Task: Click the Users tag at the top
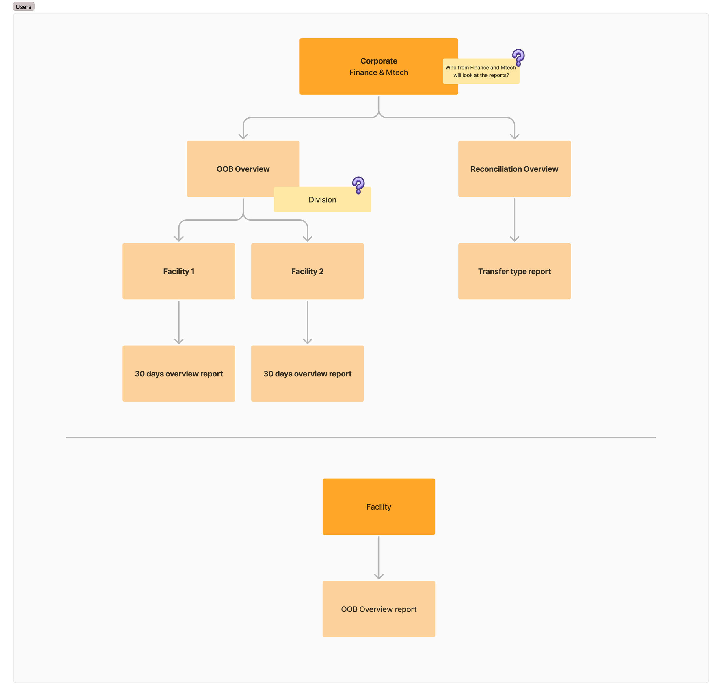[24, 7]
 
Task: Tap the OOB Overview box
[243, 169]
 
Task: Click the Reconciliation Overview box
[515, 169]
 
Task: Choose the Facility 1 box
[179, 271]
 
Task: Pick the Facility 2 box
[308, 271]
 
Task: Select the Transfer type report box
[515, 271]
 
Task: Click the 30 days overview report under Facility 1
[179, 374]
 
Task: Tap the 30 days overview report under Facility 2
[308, 374]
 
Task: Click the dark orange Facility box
[379, 507]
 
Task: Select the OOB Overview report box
[379, 609]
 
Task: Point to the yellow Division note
[322, 199]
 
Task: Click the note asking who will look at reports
[481, 71]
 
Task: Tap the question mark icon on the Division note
[358, 185]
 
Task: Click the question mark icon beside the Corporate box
[518, 57]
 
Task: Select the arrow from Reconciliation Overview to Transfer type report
[515, 220]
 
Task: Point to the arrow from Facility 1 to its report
[179, 322]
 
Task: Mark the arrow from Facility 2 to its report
[308, 322]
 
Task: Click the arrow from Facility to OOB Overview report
[379, 557]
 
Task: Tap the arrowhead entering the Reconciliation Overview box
[515, 137]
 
